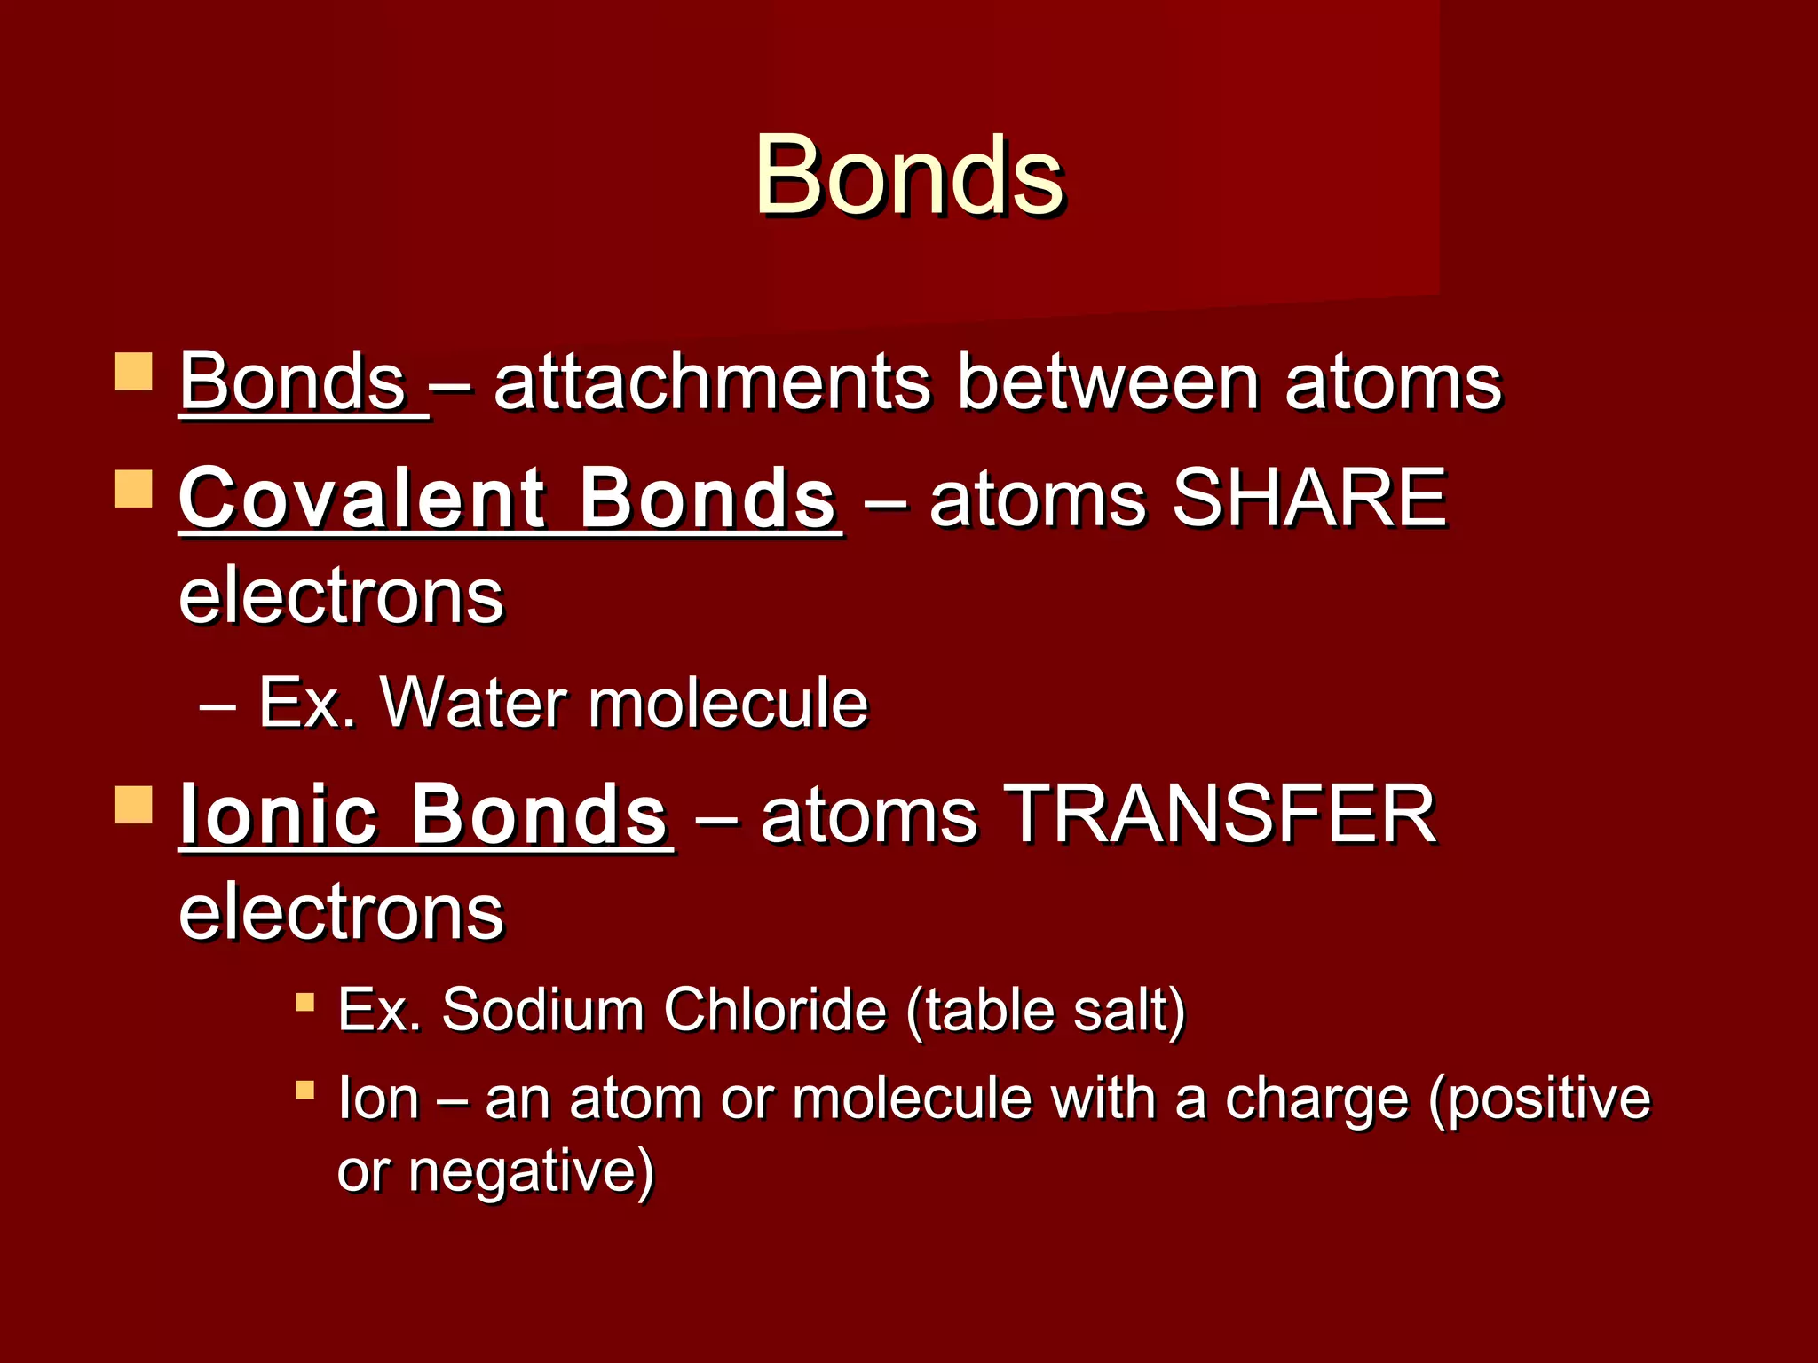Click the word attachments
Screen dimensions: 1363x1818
(712, 383)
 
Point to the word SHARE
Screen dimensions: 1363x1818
(1309, 499)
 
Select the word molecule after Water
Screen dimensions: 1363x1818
(728, 704)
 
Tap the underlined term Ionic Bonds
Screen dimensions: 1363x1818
(423, 815)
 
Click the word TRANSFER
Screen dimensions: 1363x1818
(1223, 815)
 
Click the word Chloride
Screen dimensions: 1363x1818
(774, 1010)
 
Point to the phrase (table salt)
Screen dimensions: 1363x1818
(1046, 1012)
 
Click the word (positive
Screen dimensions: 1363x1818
(1540, 1100)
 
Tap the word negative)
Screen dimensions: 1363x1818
(531, 1171)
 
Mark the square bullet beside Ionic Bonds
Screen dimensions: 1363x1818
(134, 804)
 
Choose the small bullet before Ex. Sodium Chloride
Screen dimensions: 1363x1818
(305, 1003)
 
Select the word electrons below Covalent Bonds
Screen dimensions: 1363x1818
(341, 596)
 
